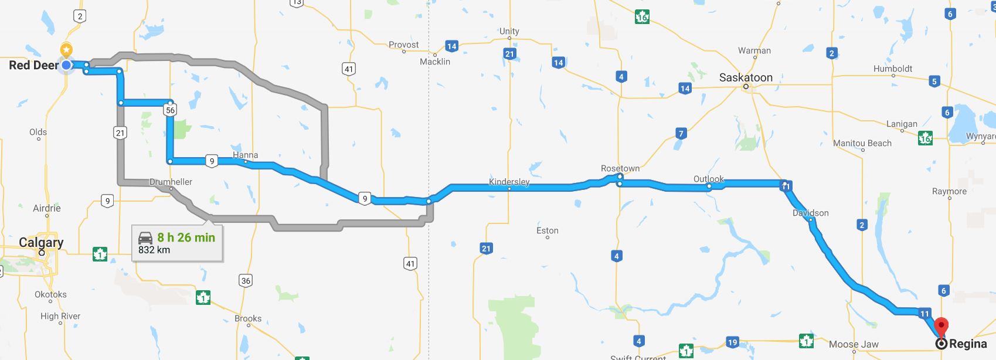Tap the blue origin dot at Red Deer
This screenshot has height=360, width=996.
(67, 65)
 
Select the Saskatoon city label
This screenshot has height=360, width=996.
(746, 77)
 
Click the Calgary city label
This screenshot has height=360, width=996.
(41, 242)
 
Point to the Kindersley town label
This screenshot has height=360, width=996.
(509, 182)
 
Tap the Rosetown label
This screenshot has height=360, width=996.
(620, 168)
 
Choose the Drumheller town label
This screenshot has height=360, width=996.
(171, 182)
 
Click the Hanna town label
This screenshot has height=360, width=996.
(245, 155)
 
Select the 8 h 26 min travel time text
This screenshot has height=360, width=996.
(186, 237)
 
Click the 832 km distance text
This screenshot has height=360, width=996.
(154, 250)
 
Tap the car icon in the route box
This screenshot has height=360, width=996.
(145, 237)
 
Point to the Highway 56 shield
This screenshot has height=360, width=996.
(171, 110)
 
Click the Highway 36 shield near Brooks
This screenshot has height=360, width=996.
(246, 281)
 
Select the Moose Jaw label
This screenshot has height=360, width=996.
(854, 344)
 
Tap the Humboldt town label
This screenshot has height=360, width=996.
(892, 69)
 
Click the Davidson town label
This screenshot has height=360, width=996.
(811, 213)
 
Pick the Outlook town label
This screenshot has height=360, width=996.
(708, 179)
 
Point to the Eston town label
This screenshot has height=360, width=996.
(548, 230)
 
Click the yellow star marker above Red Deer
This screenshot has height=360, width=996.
(67, 49)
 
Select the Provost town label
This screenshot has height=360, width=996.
(404, 45)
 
